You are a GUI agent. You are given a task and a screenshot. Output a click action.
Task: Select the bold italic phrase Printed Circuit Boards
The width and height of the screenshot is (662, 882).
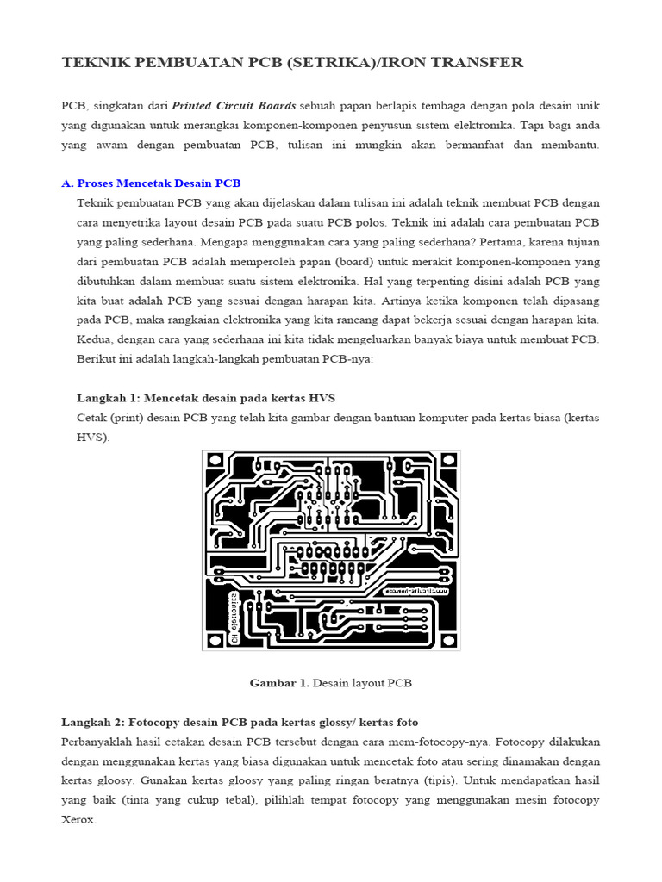point(234,105)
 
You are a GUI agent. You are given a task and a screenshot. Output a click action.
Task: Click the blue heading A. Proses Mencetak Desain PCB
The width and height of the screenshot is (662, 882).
point(151,183)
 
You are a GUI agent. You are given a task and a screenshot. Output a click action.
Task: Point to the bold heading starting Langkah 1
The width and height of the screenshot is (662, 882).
point(205,397)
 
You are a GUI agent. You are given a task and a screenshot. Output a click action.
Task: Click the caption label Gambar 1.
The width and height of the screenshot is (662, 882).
point(278,683)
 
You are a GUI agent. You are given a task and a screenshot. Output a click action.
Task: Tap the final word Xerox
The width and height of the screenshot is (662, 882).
point(78,821)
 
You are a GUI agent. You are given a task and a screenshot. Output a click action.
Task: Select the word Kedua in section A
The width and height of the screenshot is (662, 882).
point(94,339)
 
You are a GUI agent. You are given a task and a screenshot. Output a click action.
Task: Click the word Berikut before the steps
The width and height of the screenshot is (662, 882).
point(99,359)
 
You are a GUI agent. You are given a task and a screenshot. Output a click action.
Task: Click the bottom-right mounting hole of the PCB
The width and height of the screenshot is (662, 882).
point(446,637)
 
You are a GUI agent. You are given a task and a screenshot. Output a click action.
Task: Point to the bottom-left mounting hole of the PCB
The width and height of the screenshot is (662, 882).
point(216,637)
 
